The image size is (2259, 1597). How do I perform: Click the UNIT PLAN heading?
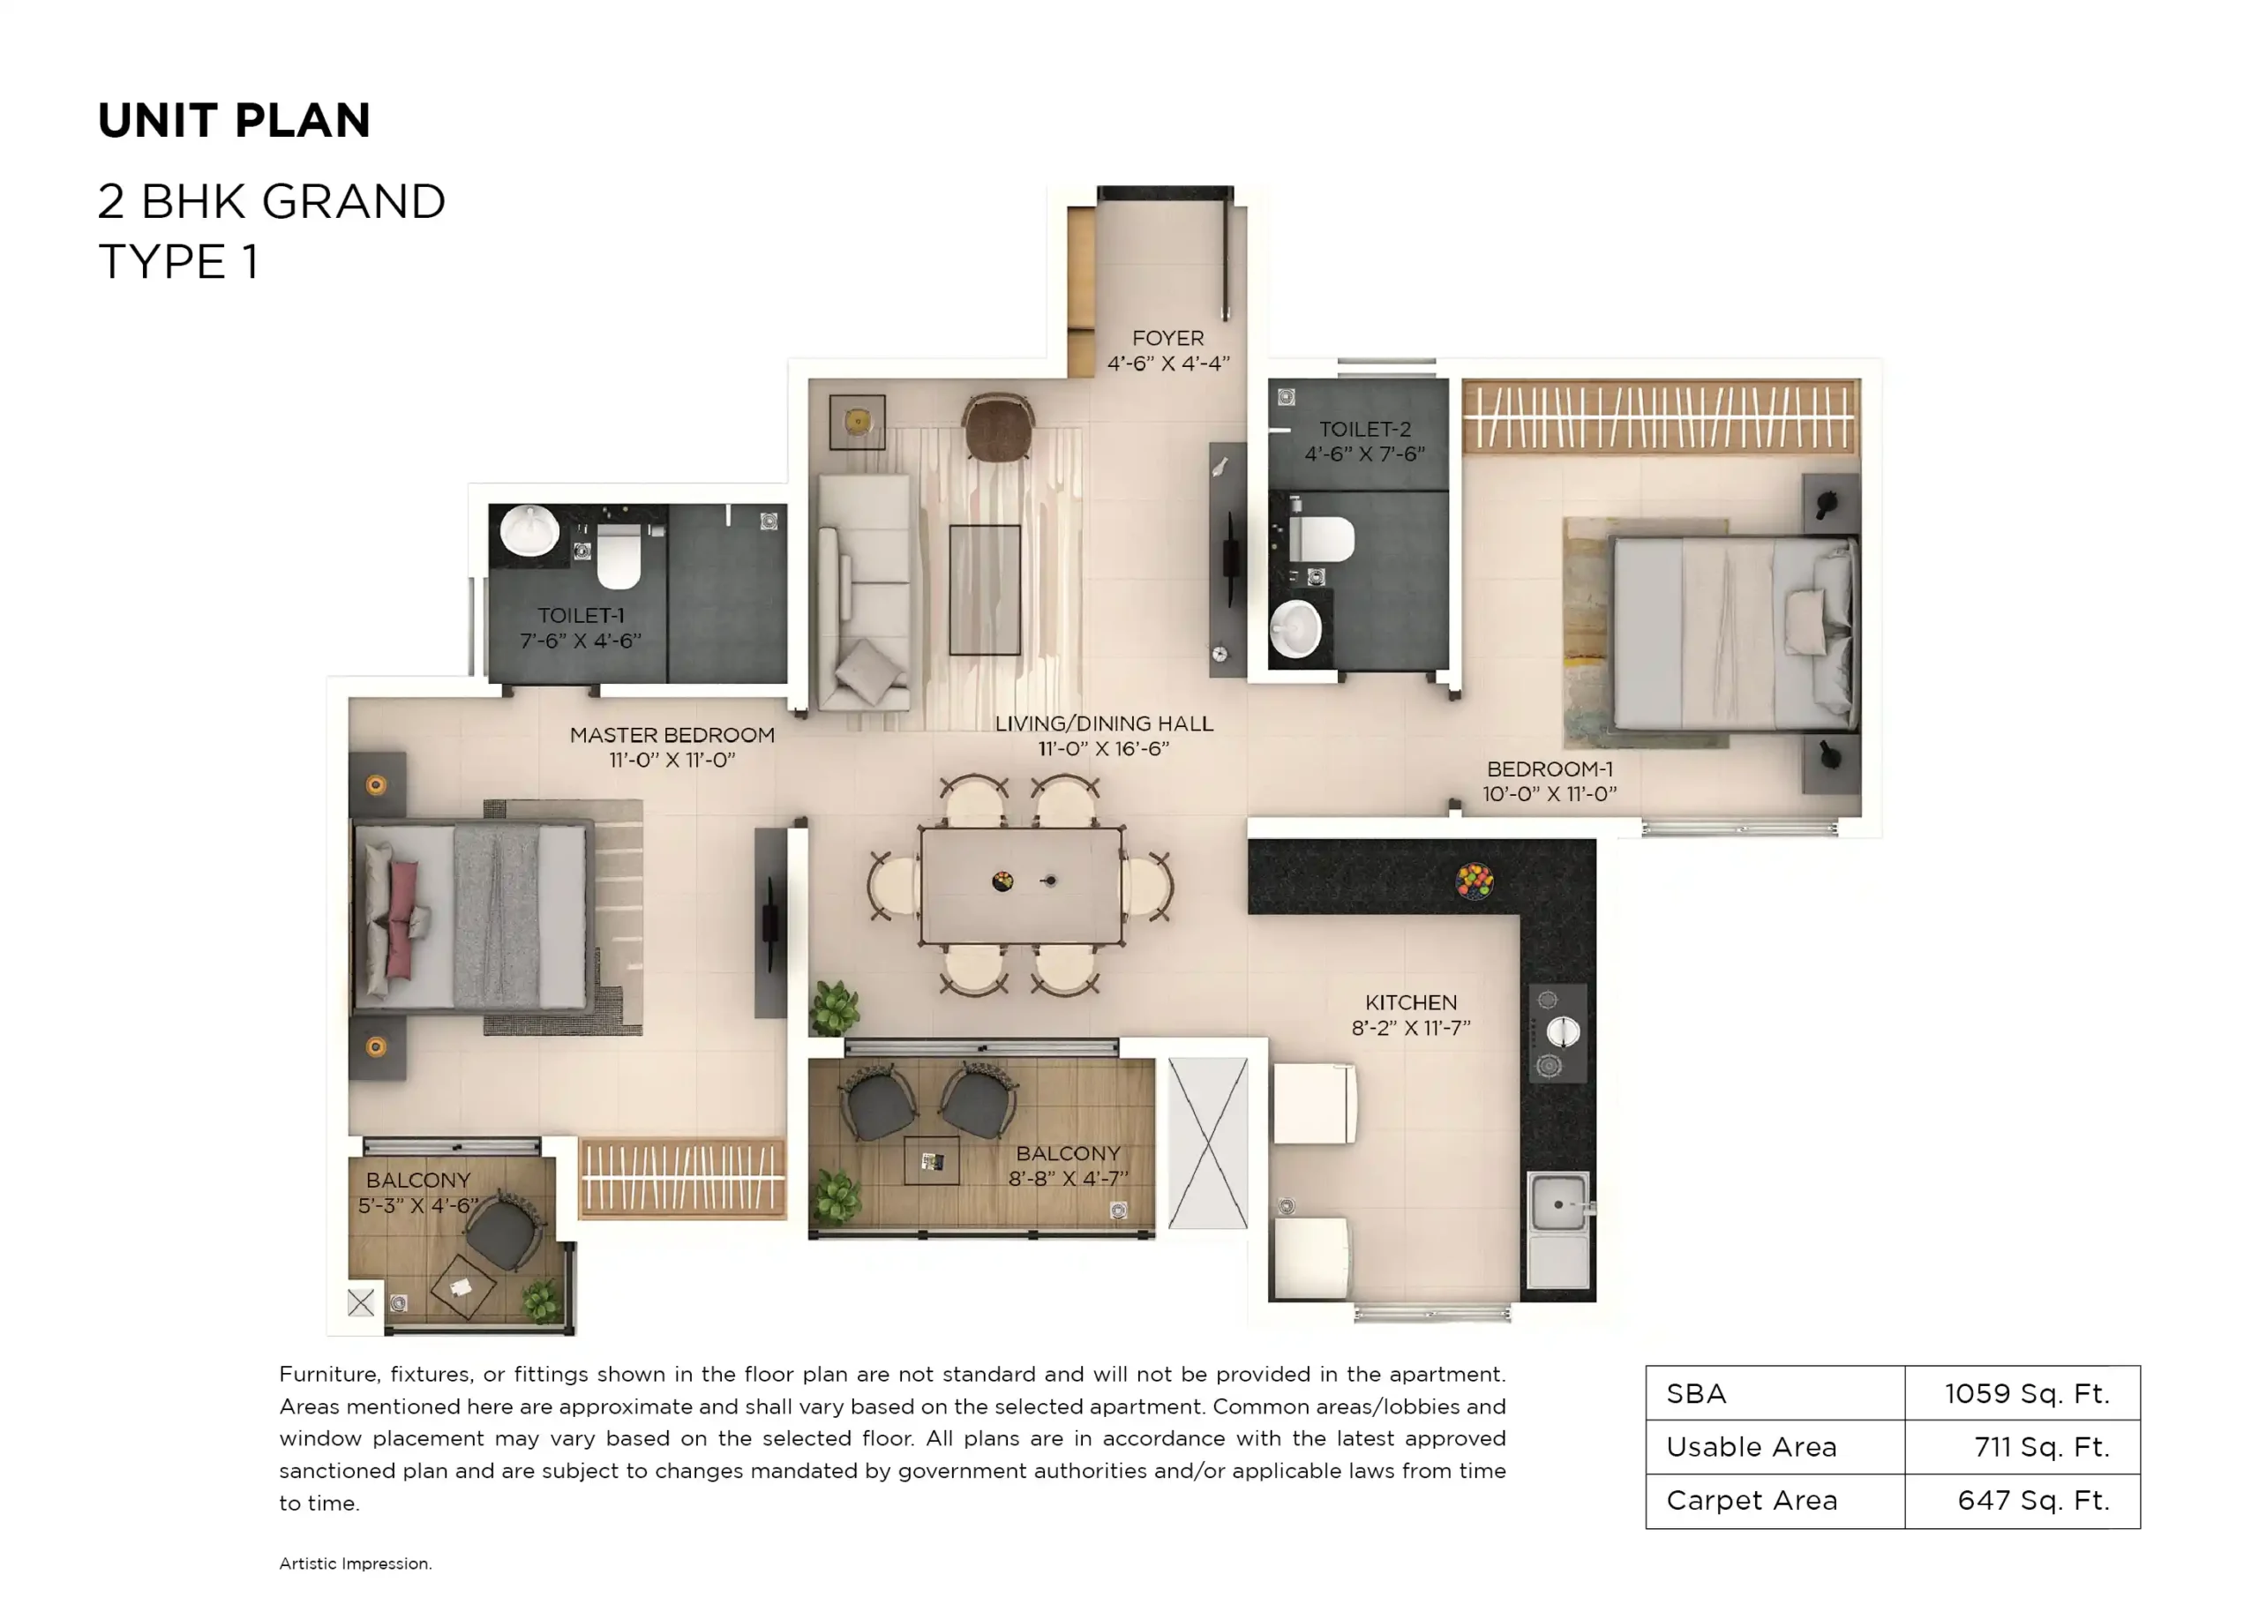(234, 121)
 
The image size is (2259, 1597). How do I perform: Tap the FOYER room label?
(1167, 338)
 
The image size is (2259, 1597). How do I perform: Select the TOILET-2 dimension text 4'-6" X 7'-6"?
(1363, 454)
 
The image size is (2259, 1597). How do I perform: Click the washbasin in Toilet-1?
(529, 531)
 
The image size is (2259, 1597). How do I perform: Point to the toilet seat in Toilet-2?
(1321, 538)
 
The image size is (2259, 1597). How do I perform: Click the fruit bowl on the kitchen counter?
(1474, 880)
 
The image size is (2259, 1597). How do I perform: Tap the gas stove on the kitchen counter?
(1557, 1032)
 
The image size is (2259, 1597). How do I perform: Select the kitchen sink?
(1558, 1204)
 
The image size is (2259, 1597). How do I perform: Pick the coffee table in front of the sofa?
(984, 589)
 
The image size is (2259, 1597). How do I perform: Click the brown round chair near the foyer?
(998, 427)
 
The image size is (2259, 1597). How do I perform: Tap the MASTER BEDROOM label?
(672, 735)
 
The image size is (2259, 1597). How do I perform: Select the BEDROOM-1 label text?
(1549, 769)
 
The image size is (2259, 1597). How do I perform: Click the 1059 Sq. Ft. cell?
(2026, 1393)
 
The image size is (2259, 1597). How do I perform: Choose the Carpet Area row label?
(1752, 1501)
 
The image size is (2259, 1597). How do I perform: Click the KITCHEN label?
(1410, 1002)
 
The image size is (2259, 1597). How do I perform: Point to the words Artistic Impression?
(356, 1563)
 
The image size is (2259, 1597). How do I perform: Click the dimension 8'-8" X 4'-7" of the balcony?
(1068, 1178)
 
